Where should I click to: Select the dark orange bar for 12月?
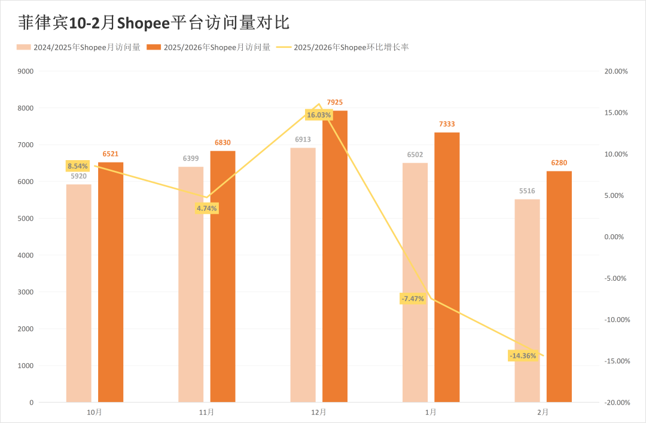tap(335, 257)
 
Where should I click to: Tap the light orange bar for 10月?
tap(78, 293)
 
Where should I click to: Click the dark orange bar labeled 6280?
tap(559, 287)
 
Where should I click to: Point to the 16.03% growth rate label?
tap(318, 115)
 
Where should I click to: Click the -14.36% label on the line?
tap(522, 356)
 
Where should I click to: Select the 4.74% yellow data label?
tap(207, 209)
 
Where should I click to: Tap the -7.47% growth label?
tap(413, 298)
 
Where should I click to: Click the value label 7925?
tap(335, 103)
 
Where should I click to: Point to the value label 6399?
tap(191, 158)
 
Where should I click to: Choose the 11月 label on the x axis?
tap(206, 412)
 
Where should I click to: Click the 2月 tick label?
tap(543, 412)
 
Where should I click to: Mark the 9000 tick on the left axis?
tap(25, 71)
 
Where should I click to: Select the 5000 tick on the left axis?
tap(25, 219)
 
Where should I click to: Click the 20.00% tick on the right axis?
tap(616, 71)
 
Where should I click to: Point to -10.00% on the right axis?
tap(616, 320)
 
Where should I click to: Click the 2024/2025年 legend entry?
tap(78, 47)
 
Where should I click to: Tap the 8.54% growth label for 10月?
tap(78, 166)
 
